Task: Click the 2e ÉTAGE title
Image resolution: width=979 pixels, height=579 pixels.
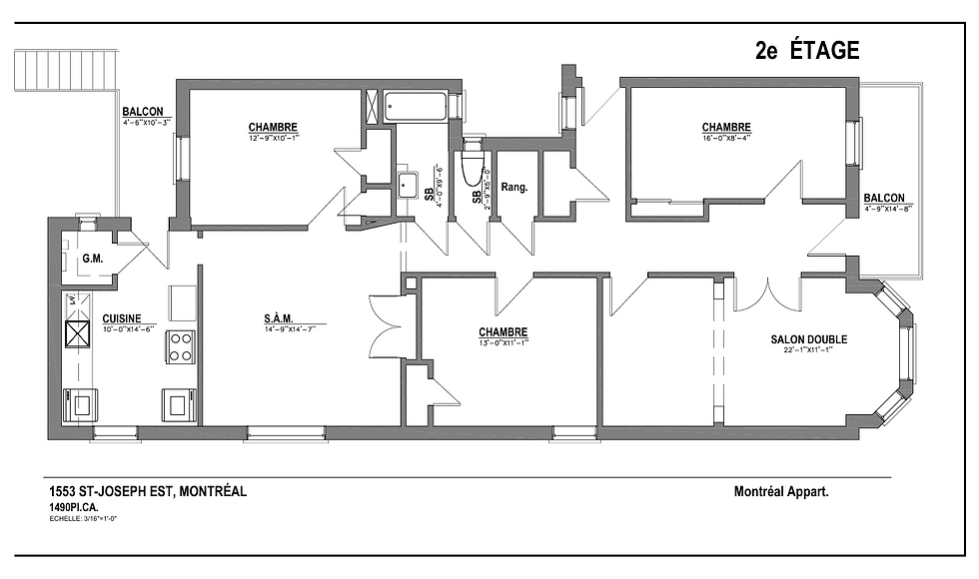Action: click(x=807, y=52)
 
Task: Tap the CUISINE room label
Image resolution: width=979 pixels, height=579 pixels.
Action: click(x=120, y=319)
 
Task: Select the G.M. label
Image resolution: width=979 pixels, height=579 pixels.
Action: click(x=93, y=260)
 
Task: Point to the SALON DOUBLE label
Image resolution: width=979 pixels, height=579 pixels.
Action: click(x=808, y=339)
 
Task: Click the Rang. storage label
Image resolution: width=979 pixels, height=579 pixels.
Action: click(x=513, y=187)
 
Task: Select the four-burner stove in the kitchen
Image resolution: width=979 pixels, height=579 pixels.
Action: click(x=180, y=346)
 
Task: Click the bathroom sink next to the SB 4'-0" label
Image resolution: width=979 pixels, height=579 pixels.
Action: click(x=408, y=184)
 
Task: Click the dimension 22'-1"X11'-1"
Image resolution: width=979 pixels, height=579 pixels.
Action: click(x=808, y=350)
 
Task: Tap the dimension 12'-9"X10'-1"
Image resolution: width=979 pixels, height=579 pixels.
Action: click(x=273, y=137)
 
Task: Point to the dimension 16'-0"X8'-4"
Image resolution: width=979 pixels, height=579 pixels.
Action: click(x=726, y=138)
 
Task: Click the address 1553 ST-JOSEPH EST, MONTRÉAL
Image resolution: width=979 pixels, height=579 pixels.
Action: click(x=148, y=492)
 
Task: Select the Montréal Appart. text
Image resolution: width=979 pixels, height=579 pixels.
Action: click(x=781, y=492)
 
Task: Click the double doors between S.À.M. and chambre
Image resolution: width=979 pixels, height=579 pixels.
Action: click(x=385, y=324)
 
